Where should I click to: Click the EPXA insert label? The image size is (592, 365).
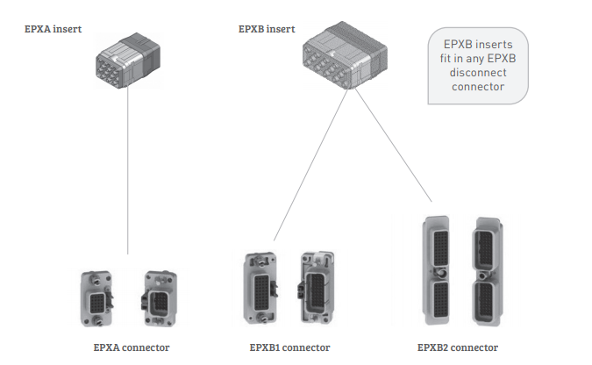[54, 29]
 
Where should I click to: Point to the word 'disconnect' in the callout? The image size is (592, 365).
[479, 73]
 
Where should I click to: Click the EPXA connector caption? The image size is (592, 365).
[132, 347]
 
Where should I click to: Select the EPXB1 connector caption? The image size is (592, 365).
[290, 347]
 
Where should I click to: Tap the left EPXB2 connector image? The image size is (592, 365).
[439, 272]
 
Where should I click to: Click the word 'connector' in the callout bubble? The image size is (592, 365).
[479, 87]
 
